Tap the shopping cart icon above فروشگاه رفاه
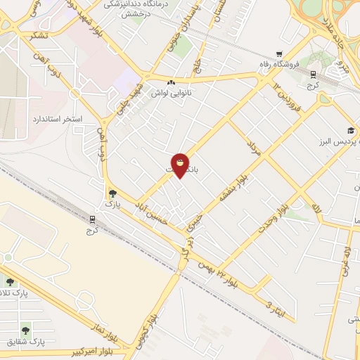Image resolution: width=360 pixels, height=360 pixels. pos(279,54)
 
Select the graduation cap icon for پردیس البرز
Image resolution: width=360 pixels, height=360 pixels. pos(350,131)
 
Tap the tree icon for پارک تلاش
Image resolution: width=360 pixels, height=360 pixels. pos(10,282)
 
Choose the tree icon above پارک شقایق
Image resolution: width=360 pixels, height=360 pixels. pos(25,330)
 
